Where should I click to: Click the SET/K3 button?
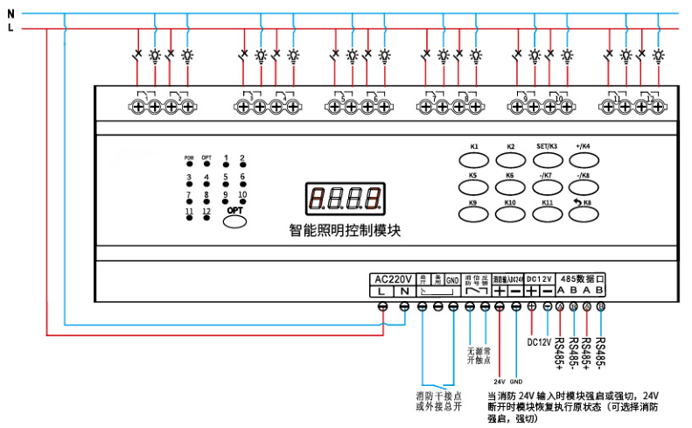[548, 159]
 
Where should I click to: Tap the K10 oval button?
[511, 215]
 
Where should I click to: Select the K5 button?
[473, 187]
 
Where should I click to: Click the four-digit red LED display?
[345, 200]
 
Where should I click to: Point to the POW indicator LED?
[188, 166]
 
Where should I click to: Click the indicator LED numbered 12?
[206, 219]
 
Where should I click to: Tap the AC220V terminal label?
[393, 279]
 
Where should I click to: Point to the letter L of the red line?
[10, 28]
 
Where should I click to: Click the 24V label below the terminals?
[500, 382]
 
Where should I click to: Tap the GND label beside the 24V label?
[516, 382]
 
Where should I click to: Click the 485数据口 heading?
[583, 277]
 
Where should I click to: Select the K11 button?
[549, 215]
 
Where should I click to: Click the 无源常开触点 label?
[479, 355]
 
